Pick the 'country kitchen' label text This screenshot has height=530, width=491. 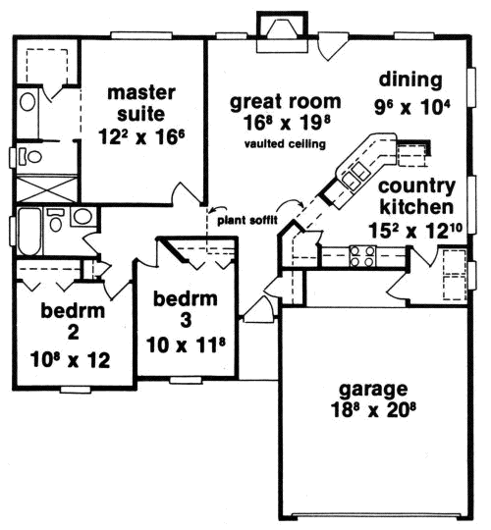415,196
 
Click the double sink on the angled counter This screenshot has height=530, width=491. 347,183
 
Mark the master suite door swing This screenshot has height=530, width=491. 183,192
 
